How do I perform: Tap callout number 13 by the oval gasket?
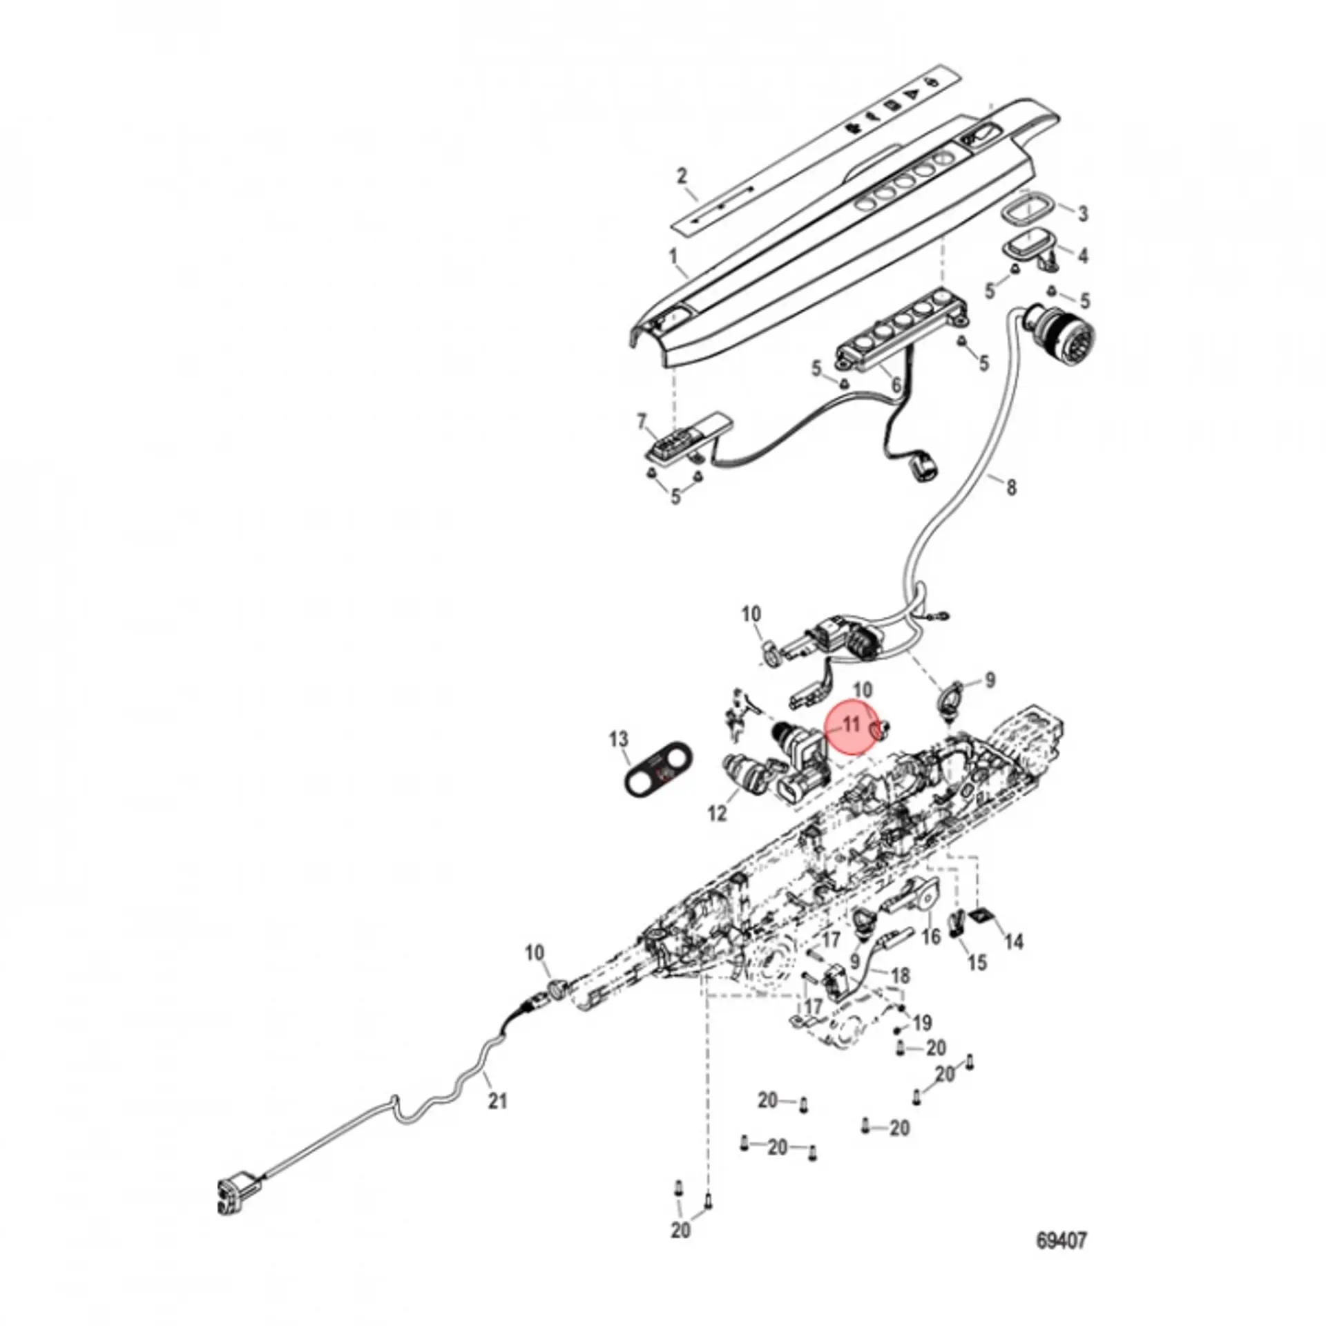coord(619,740)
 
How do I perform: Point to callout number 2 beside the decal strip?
coord(682,175)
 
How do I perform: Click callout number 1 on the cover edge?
coord(673,257)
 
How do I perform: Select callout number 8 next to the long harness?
coord(1011,488)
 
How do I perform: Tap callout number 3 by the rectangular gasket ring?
coord(1083,213)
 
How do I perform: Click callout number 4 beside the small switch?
coord(1083,256)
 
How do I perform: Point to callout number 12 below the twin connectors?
coord(718,814)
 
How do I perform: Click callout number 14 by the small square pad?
coord(1013,941)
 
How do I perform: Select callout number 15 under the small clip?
coord(977,963)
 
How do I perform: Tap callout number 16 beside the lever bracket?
coord(932,937)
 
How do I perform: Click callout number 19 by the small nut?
coord(923,1021)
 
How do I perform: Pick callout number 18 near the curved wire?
coord(901,975)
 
